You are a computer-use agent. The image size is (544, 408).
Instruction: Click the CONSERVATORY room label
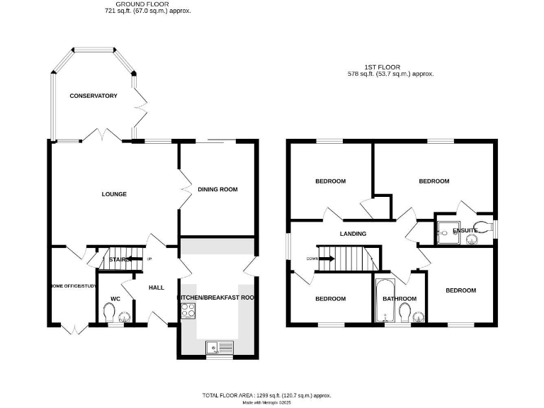pyautogui.click(x=93, y=96)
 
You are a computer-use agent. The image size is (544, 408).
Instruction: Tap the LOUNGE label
pyautogui.click(x=113, y=194)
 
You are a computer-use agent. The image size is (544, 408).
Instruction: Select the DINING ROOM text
pyautogui.click(x=217, y=189)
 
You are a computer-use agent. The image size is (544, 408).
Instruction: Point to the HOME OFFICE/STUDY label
pyautogui.click(x=72, y=285)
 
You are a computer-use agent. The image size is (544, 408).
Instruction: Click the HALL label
pyautogui.click(x=157, y=288)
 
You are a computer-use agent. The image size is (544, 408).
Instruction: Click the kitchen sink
pyautogui.click(x=212, y=347)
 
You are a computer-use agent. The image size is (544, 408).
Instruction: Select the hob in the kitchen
pyautogui.click(x=189, y=310)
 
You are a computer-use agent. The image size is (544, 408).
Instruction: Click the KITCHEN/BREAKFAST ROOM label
pyautogui.click(x=215, y=298)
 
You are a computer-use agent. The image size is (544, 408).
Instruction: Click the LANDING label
pyautogui.click(x=353, y=234)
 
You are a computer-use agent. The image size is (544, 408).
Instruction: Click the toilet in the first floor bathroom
pyautogui.click(x=404, y=312)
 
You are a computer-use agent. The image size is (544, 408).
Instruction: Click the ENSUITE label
pyautogui.click(x=465, y=230)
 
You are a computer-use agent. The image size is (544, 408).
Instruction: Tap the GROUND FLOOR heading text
pyautogui.click(x=147, y=4)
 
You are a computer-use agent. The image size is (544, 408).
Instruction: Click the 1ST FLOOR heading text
pyautogui.click(x=390, y=66)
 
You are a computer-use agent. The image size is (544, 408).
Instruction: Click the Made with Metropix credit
pyautogui.click(x=268, y=402)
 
